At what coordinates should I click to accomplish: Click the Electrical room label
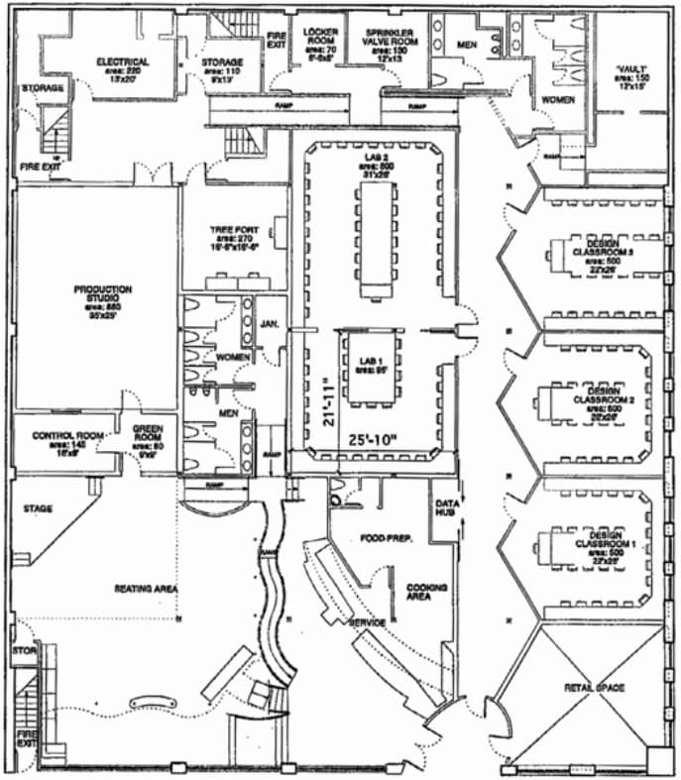pos(123,61)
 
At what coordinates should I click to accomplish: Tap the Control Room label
pos(63,435)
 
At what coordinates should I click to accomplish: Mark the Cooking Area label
pos(423,592)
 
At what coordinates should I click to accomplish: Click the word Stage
pos(39,508)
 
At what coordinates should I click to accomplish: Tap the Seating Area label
pos(147,589)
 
